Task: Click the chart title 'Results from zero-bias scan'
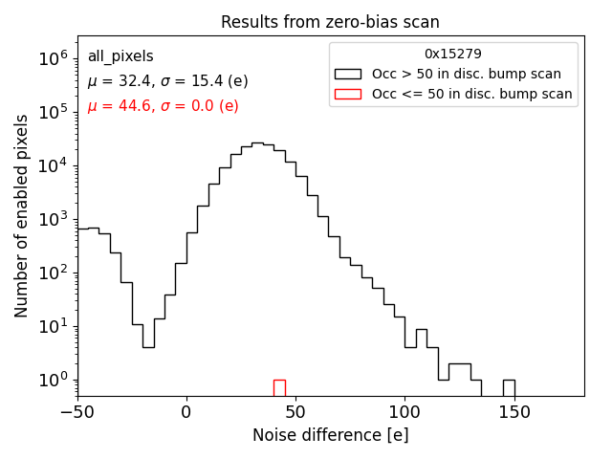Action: (x=330, y=22)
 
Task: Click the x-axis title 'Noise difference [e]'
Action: (x=330, y=435)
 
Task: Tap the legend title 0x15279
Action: (x=453, y=54)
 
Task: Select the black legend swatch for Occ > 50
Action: (x=348, y=74)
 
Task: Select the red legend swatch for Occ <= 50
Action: (x=348, y=94)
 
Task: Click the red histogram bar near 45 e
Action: (x=279, y=387)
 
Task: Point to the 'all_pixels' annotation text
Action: (x=120, y=56)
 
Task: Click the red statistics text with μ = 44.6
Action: (x=163, y=106)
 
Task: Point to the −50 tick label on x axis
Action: (x=77, y=412)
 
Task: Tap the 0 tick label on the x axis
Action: (x=186, y=412)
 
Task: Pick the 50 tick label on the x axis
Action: (x=295, y=412)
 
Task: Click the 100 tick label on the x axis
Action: (x=404, y=412)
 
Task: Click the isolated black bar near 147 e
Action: (x=510, y=387)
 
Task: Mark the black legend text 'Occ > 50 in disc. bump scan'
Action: (x=467, y=74)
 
